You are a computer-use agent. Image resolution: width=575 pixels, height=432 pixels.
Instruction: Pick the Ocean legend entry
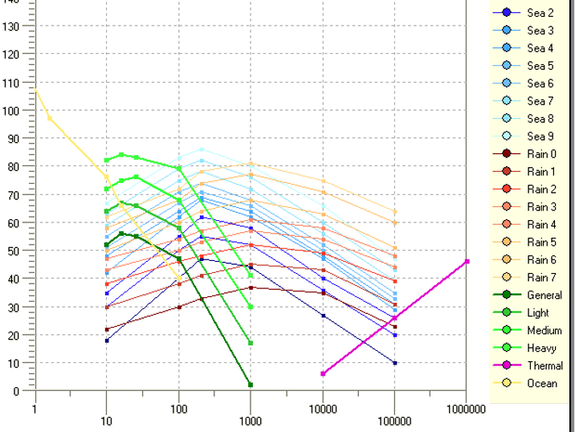coord(541,384)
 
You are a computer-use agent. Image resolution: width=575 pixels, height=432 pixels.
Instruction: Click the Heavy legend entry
coord(541,348)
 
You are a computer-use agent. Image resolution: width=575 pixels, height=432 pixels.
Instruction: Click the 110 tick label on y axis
coord(10,83)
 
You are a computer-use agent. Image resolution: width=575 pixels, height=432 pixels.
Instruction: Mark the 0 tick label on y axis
coord(16,391)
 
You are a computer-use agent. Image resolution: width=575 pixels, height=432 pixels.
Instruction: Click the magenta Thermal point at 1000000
coord(467,262)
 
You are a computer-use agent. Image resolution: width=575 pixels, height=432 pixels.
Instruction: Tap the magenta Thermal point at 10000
coord(323,373)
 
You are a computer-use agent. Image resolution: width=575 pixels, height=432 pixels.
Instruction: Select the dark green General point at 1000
coord(251,385)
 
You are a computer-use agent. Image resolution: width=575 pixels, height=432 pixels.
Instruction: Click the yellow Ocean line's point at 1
coord(35,90)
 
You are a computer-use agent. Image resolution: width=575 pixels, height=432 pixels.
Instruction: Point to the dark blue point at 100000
coord(394,363)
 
